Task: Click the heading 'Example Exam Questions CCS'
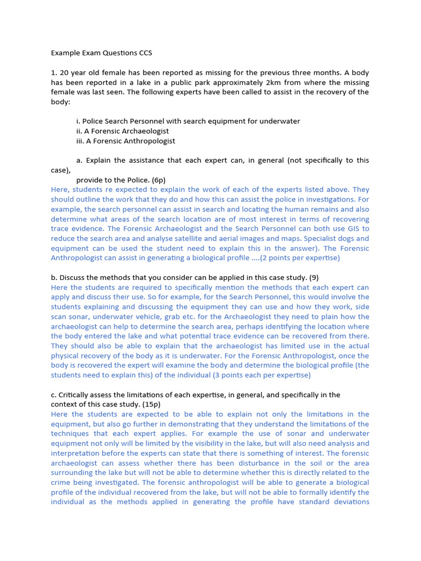pos(101,53)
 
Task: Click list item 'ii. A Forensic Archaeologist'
pos(122,131)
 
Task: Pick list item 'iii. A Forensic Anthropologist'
pos(126,141)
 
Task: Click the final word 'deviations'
pos(349,502)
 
